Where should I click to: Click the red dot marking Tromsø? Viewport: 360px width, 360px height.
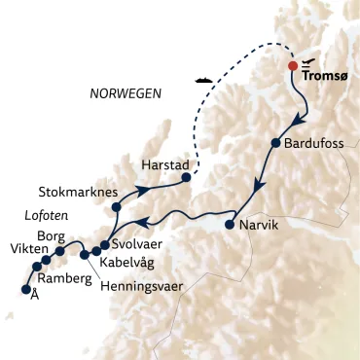[x=293, y=67]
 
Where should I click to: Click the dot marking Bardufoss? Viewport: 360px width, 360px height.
[x=276, y=144]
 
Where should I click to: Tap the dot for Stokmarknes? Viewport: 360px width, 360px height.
[x=116, y=205]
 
